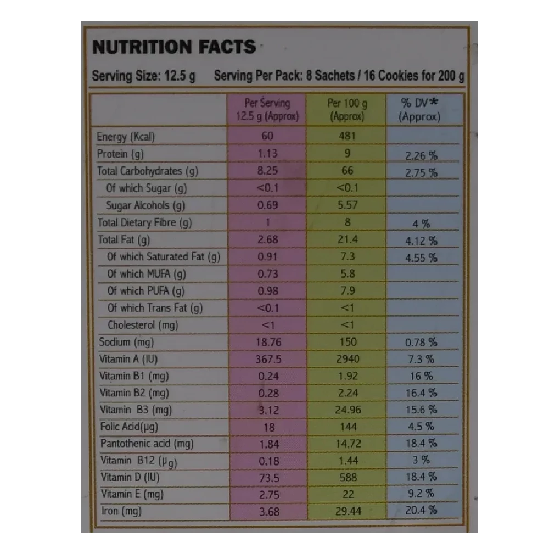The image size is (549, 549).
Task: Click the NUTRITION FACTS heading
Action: coord(173,47)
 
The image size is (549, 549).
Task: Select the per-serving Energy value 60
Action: coord(267,137)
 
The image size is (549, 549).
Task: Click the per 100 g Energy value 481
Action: coord(348,137)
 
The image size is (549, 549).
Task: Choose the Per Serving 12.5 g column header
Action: coord(267,109)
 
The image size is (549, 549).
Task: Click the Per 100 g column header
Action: coord(348,109)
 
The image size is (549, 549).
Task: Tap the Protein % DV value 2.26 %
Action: coord(421,155)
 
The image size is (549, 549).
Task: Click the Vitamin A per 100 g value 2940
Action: coord(348,359)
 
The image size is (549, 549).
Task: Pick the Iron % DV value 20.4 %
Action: coord(421,511)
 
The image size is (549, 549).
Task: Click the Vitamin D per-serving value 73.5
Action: coord(268,477)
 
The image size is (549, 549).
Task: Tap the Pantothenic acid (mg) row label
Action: coord(147,444)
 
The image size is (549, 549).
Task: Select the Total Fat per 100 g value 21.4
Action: coord(348,239)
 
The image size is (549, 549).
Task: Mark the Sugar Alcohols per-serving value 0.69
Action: coord(268,205)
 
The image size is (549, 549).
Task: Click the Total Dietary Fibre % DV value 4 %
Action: coord(421,223)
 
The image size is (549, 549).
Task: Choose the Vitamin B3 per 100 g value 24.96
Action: coord(348,410)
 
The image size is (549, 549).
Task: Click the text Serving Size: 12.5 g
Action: coord(144,76)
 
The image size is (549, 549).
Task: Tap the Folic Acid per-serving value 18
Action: coord(268,427)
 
